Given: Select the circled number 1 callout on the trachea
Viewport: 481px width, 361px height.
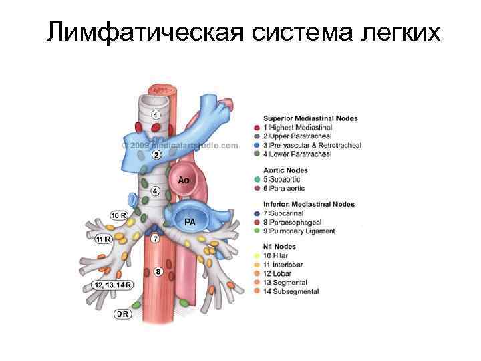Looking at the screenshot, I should [155, 114].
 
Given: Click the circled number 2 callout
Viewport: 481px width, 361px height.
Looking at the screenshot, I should [155, 155].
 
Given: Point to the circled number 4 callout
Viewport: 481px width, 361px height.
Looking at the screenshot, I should [155, 191].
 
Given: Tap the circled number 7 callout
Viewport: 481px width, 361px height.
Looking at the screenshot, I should [154, 239].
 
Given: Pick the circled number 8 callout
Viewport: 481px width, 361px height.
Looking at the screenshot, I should [157, 272].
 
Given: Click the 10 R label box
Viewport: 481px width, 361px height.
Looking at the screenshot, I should [119, 215].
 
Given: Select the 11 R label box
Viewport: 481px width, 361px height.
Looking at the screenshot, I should [103, 239].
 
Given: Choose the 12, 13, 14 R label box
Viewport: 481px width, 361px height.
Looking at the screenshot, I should [113, 285].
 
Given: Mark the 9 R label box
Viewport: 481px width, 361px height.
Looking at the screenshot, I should [122, 314].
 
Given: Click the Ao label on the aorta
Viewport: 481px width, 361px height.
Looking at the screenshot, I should [184, 180].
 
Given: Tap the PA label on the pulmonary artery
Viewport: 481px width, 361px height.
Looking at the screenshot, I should [190, 221].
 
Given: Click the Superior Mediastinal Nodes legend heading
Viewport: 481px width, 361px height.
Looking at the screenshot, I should [310, 118].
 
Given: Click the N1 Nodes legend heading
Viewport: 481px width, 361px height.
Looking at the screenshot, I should [280, 247].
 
